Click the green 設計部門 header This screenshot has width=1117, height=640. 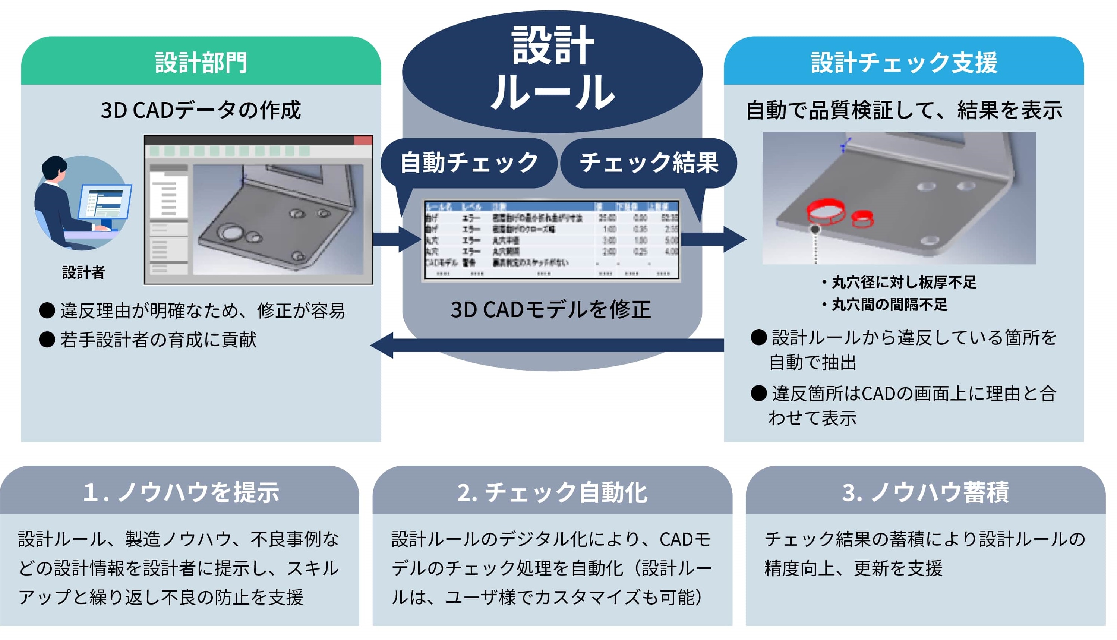tap(201, 62)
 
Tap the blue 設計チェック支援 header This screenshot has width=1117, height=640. tap(903, 62)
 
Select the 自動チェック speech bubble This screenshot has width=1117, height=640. tap(468, 163)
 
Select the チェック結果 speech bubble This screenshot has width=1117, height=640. tap(649, 163)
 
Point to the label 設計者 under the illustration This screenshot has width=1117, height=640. tap(83, 272)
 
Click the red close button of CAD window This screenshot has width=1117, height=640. tap(363, 140)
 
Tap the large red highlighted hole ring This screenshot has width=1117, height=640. tap(825, 211)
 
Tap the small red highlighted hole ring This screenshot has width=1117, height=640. tap(862, 218)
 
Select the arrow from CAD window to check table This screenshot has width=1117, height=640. tap(397, 239)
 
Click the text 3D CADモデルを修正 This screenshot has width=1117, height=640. tap(551, 309)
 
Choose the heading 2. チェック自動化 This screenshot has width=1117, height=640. tap(552, 492)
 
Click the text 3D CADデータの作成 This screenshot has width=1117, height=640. tap(201, 110)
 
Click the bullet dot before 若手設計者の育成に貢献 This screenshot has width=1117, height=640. tap(47, 339)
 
